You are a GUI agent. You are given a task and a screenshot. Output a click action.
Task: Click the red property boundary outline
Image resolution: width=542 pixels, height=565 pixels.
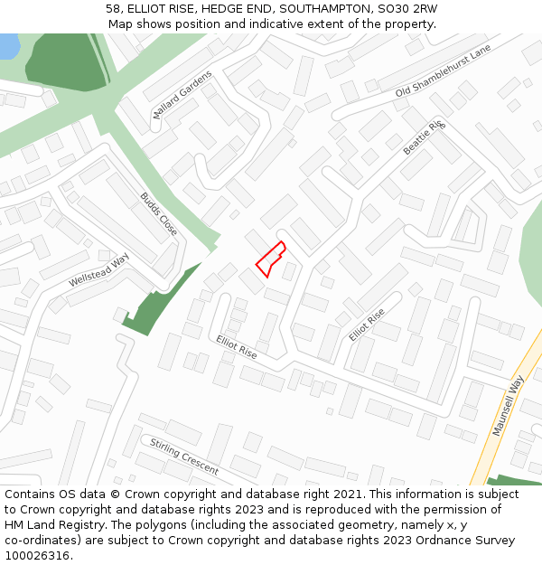pos(270,259)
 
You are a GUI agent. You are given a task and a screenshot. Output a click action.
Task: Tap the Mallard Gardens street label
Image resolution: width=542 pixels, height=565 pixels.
pos(182,92)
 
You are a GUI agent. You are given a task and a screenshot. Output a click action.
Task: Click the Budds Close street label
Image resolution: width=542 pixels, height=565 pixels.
pos(158,213)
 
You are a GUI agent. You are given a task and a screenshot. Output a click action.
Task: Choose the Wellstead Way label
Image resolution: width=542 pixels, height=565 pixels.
pos(99,270)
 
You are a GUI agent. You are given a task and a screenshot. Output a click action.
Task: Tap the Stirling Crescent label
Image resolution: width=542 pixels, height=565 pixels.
pos(184,457)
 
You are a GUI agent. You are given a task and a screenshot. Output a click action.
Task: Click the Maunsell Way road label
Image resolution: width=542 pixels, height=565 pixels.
pos(508,407)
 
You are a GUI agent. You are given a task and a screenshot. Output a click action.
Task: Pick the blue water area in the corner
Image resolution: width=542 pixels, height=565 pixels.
pos(8,45)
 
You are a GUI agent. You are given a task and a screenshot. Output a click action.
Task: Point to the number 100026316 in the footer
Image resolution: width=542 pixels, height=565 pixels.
pos(37,556)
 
